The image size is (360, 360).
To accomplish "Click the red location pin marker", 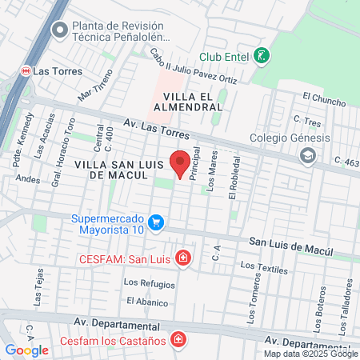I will (181, 163).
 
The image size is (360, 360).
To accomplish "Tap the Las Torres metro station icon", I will (24, 70).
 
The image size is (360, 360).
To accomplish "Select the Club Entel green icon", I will (261, 57).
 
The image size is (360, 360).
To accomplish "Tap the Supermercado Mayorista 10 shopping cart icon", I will (157, 223).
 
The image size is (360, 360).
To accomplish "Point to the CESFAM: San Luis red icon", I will (184, 258).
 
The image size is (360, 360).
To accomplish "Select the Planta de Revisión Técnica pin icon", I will (59, 30).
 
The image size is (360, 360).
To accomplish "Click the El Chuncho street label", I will (324, 99).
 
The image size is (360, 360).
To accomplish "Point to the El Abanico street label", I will (147, 302).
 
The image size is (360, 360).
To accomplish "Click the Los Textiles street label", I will (263, 269).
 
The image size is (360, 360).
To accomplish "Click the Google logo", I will (26, 350).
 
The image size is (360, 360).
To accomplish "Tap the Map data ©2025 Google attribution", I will (311, 354).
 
